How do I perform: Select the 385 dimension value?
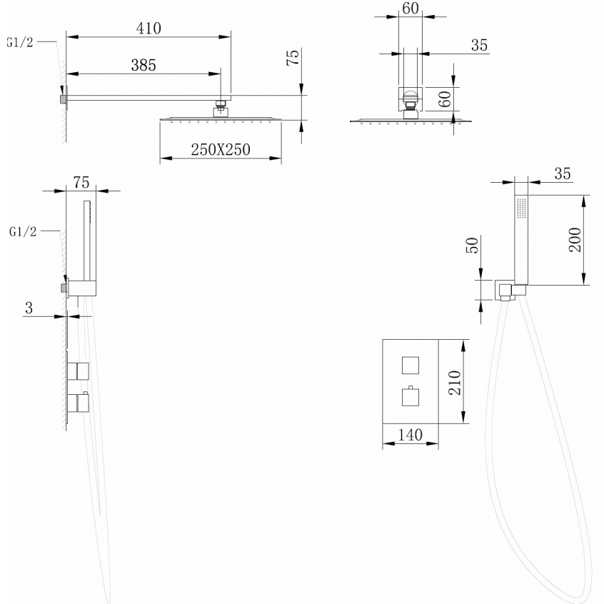point(143,65)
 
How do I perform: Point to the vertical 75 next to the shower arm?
point(291,59)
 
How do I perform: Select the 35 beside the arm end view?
point(479,46)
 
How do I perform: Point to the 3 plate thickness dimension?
point(29,308)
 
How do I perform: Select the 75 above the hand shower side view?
point(81,182)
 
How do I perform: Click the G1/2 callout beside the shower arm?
point(19,42)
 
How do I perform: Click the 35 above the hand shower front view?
point(562,173)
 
